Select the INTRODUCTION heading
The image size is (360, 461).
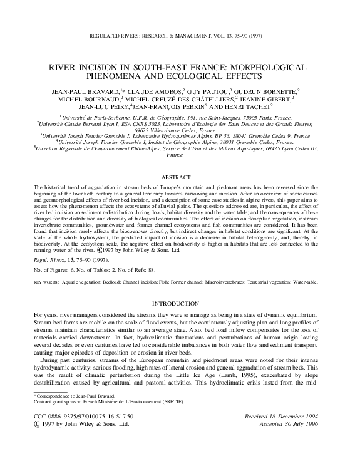[x=180, y=303]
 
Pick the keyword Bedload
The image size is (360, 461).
[x=113, y=282]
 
